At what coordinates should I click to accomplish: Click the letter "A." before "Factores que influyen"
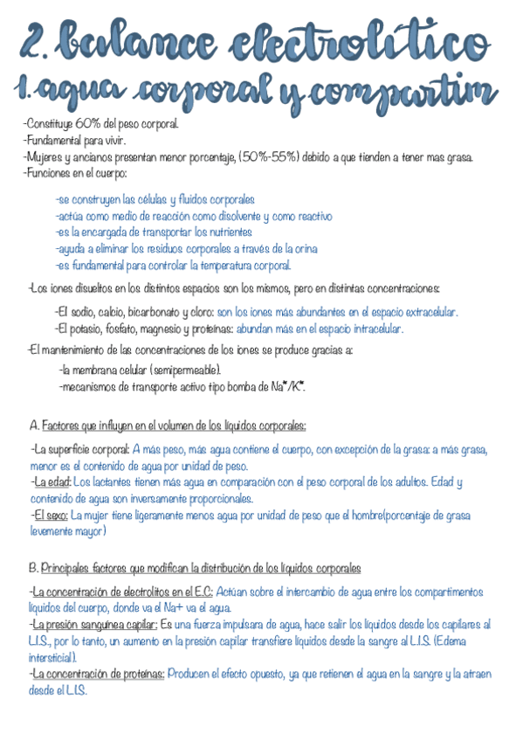coord(34,426)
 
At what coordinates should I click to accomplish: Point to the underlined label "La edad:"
coord(52,481)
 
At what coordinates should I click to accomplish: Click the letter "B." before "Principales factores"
coord(34,567)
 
